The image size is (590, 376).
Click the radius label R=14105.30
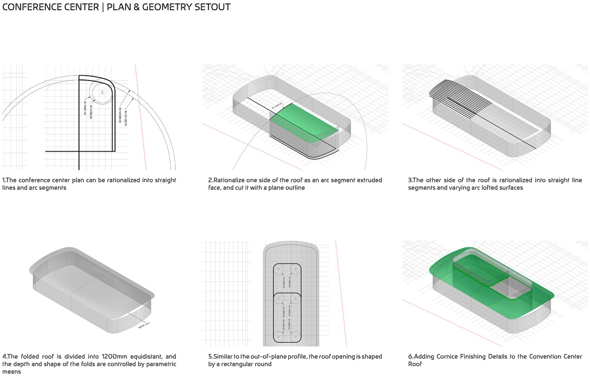(91, 111)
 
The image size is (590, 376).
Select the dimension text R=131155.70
(126, 118)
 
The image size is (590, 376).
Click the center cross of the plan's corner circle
(102, 92)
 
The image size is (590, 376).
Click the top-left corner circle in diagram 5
(279, 269)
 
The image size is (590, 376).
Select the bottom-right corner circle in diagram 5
(295, 336)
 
